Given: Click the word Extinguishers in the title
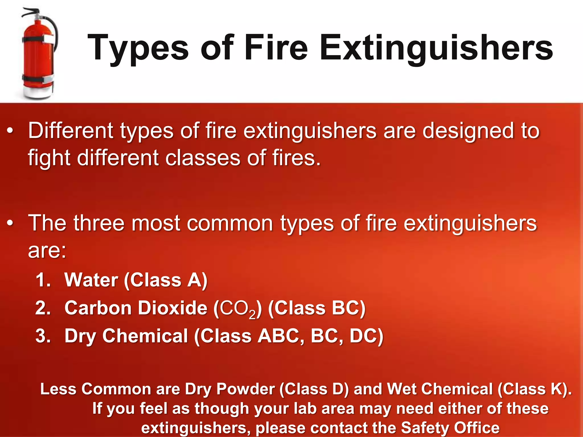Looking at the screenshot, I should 436,48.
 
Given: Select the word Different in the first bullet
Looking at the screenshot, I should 71,131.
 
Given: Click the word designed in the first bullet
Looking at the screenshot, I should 468,131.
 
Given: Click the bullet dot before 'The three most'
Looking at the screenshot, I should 10,223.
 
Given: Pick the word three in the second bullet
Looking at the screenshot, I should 99,223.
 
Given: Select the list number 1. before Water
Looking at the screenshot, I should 43,280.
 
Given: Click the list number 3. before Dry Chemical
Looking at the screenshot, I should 43,336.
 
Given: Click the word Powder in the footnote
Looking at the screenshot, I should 245,389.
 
